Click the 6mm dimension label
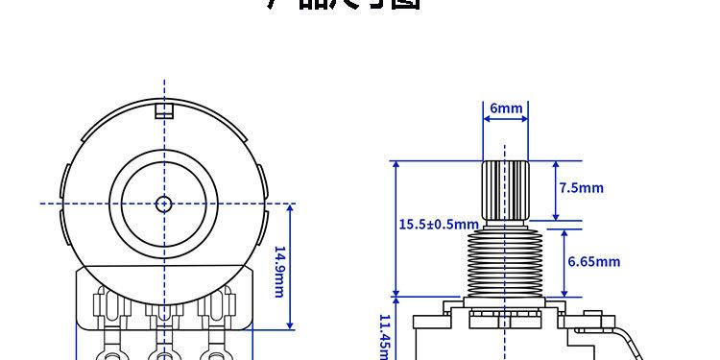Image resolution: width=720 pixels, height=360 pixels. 506,108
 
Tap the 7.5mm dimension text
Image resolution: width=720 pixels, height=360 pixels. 582,188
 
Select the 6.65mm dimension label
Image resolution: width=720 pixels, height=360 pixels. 593,261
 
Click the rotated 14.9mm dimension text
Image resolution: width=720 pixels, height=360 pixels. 279,272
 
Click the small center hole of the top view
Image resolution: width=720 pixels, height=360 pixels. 163,204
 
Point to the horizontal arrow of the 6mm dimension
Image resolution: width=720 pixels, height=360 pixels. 506,122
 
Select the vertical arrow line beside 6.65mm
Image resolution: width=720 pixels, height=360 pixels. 563,262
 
